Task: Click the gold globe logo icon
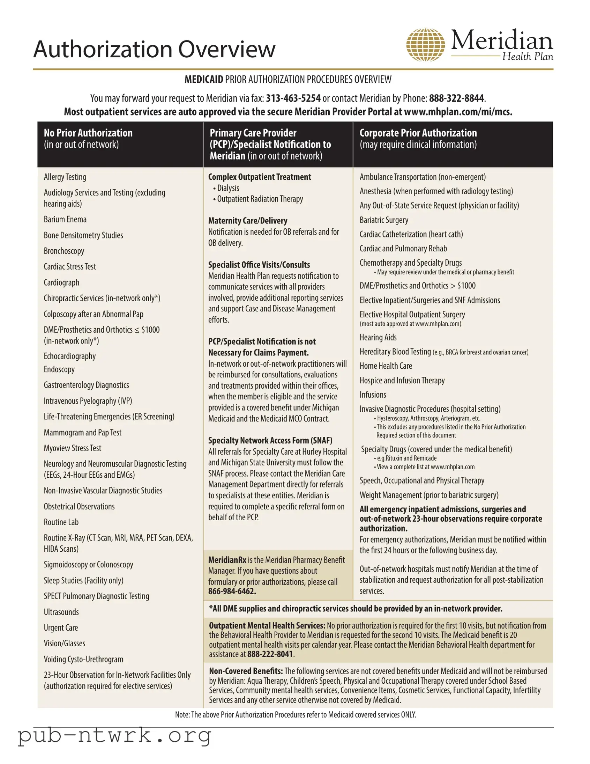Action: [425, 45]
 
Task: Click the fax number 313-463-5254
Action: [293, 98]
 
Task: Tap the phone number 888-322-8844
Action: [456, 98]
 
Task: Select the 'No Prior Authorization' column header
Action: [88, 133]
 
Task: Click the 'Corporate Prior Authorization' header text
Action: [418, 133]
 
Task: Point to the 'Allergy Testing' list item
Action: [65, 177]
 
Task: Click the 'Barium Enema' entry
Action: [65, 219]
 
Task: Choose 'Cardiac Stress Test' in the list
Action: [70, 266]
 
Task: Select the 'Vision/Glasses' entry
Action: [64, 643]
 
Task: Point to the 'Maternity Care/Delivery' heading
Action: [248, 221]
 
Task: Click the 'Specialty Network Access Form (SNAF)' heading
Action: [270, 440]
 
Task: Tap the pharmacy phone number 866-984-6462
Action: [232, 591]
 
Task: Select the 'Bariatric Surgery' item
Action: [384, 220]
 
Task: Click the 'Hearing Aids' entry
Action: [378, 337]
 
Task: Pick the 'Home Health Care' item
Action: [386, 366]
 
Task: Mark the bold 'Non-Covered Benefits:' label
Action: [246, 671]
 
